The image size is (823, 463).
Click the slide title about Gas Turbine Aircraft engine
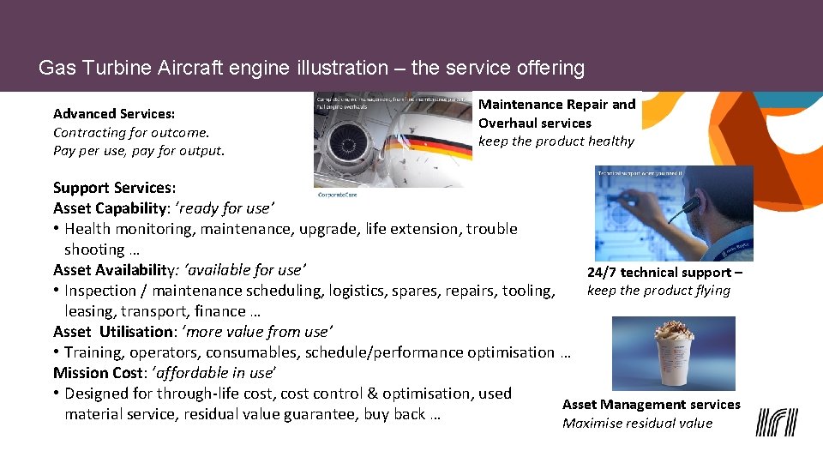pos(311,68)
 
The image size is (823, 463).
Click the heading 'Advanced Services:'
pos(114,113)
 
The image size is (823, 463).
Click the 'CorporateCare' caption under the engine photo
pos(337,195)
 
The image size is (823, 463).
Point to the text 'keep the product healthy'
pos(556,141)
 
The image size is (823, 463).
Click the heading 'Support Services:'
pos(114,187)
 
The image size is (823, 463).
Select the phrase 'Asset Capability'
pos(109,207)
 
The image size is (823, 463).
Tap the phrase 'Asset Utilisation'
pos(112,331)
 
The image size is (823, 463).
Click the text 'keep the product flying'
pos(658,290)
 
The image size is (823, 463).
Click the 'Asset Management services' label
pos(651,404)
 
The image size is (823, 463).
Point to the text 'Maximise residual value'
pos(637,423)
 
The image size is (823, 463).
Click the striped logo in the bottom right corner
pos(776,421)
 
